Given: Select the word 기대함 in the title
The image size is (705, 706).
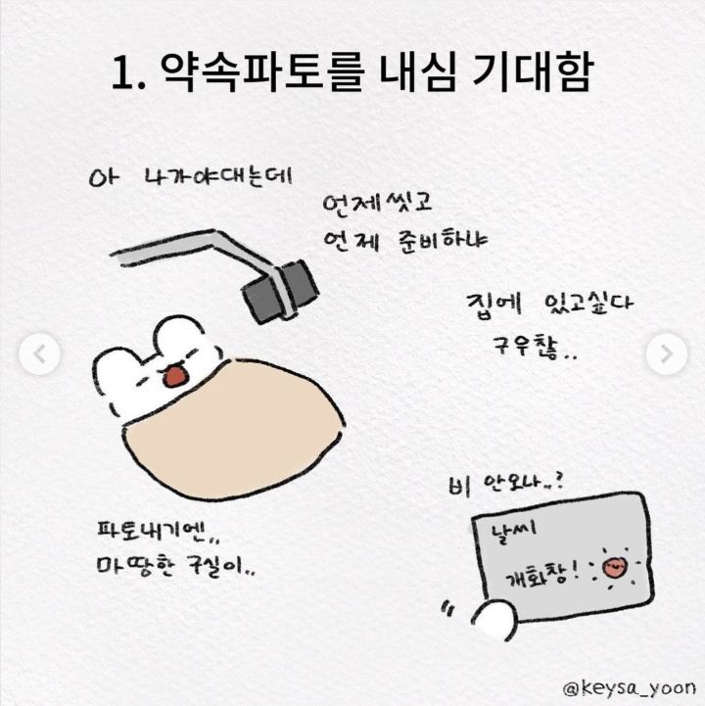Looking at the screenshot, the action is (x=533, y=72).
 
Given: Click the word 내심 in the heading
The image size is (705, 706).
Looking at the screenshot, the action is (x=417, y=72).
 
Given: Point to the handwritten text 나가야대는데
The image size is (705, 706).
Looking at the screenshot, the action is (x=217, y=177).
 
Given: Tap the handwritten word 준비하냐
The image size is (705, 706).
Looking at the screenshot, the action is (x=443, y=241).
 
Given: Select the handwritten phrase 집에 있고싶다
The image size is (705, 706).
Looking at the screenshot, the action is (x=549, y=306).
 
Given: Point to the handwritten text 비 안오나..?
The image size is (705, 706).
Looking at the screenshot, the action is (x=506, y=485).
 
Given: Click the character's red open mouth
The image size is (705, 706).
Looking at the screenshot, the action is (x=174, y=376).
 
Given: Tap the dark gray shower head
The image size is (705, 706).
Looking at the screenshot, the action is (x=280, y=291).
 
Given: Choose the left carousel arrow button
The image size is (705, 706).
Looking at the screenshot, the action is (x=39, y=353).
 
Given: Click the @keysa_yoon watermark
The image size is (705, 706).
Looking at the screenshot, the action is (x=629, y=688).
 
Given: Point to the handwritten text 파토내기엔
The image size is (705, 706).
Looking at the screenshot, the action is (x=157, y=531).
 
